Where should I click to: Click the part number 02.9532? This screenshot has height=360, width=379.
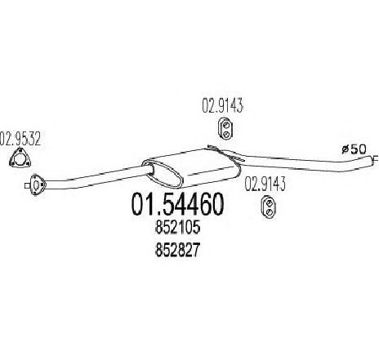[20, 139]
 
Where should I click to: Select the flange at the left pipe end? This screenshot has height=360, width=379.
[37, 184]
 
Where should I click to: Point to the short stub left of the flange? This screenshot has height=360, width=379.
[27, 185]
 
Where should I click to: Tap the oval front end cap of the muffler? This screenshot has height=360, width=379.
[162, 174]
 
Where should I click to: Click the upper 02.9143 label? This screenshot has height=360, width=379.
[222, 105]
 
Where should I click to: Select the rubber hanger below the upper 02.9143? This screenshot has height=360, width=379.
[226, 128]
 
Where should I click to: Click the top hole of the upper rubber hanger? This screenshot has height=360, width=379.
[225, 125]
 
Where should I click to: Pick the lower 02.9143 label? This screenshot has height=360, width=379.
[265, 184]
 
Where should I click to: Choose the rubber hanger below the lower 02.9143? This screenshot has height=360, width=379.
[269, 207]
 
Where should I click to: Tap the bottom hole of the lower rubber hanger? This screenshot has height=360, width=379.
[269, 212]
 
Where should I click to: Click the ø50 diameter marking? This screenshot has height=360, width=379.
[354, 149]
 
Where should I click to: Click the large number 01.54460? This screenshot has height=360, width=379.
[177, 204]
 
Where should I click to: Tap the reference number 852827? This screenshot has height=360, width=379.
[177, 250]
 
